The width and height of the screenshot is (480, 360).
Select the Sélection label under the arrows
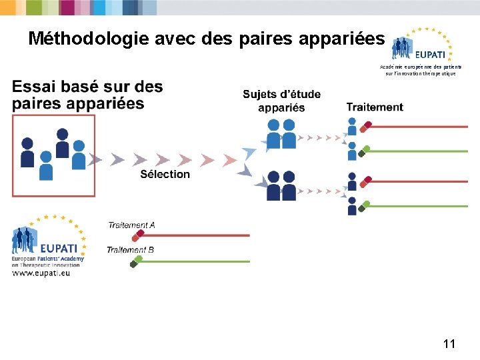[165, 175]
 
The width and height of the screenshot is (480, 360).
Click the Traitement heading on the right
[375, 107]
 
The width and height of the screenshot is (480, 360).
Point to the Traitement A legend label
[131, 225]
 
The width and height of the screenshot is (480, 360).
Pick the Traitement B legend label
[131, 250]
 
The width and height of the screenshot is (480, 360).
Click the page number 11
[449, 344]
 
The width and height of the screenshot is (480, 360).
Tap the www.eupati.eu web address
[41, 272]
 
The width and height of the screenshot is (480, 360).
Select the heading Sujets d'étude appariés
[281, 101]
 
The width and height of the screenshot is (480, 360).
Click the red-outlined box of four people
[53, 155]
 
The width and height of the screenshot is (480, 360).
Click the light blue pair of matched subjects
[281, 133]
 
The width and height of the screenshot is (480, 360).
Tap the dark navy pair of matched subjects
[281, 186]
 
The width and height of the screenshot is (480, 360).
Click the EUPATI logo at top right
[422, 47]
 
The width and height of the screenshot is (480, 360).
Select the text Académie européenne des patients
[421, 67]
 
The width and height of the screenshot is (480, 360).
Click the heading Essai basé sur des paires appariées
[87, 95]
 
